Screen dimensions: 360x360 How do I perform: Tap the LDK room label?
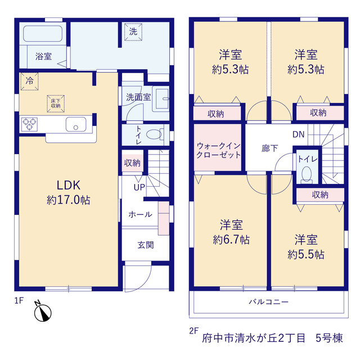69,185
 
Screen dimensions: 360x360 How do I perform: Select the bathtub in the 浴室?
43,34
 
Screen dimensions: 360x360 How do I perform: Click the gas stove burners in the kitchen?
30,124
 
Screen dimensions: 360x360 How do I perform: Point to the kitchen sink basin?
76,124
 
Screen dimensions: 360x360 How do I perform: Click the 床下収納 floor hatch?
56,103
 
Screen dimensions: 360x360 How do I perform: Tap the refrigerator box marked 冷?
29,81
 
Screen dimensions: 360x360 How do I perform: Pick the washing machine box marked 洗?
133,31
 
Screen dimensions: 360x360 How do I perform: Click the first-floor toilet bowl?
154,134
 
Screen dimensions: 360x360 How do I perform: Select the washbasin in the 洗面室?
162,99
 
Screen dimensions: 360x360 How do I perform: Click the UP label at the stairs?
139,187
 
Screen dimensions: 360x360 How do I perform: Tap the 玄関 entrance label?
146,245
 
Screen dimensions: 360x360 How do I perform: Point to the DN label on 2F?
299,134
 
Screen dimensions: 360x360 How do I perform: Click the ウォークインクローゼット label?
218,150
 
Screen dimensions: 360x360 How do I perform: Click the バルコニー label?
269,301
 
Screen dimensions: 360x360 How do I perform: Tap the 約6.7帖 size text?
231,240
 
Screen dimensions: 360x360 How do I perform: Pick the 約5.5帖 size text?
306,254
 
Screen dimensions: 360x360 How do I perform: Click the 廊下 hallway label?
269,148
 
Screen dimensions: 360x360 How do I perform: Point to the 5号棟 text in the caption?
329,338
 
